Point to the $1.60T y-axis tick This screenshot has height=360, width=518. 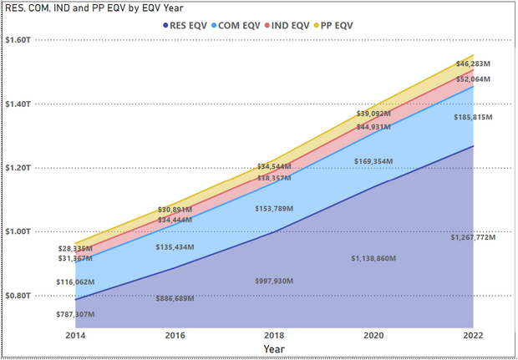click(19, 40)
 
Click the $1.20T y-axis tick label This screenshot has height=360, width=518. click(19, 168)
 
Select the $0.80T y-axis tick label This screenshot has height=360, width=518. click(19, 296)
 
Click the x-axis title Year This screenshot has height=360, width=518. click(274, 348)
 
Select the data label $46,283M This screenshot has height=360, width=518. click(473, 64)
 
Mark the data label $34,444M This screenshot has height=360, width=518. click(175, 220)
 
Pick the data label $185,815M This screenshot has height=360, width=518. click(472, 119)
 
